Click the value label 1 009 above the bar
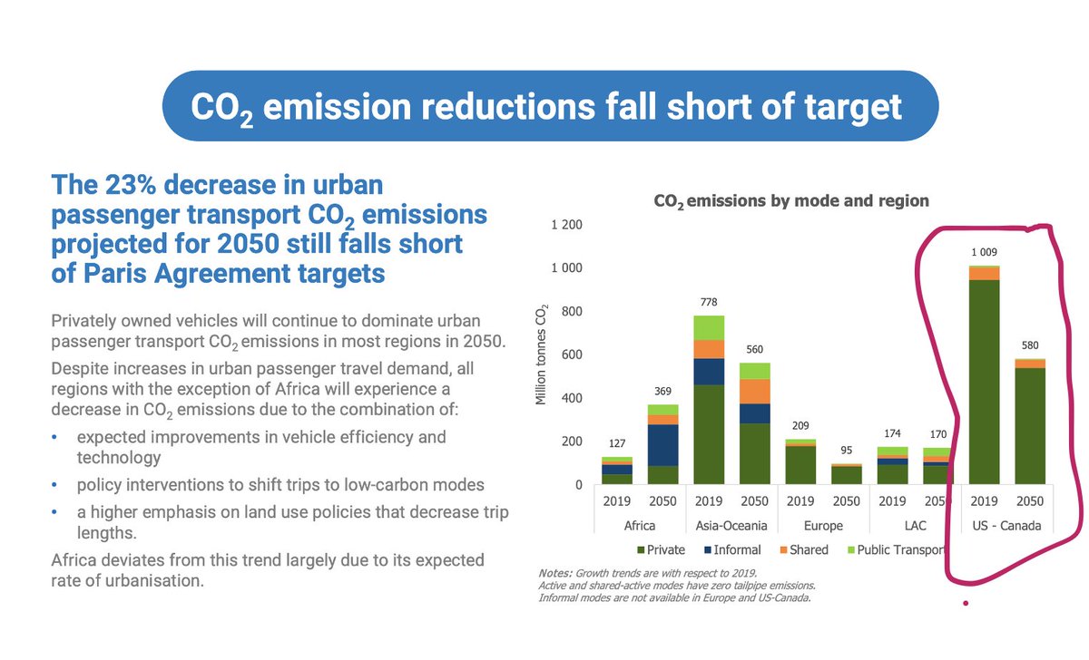tap(985, 251)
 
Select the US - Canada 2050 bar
tap(1030, 422)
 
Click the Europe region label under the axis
tap(824, 525)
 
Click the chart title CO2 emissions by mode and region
tap(792, 200)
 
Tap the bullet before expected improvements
tap(55, 437)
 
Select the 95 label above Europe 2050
tap(847, 451)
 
